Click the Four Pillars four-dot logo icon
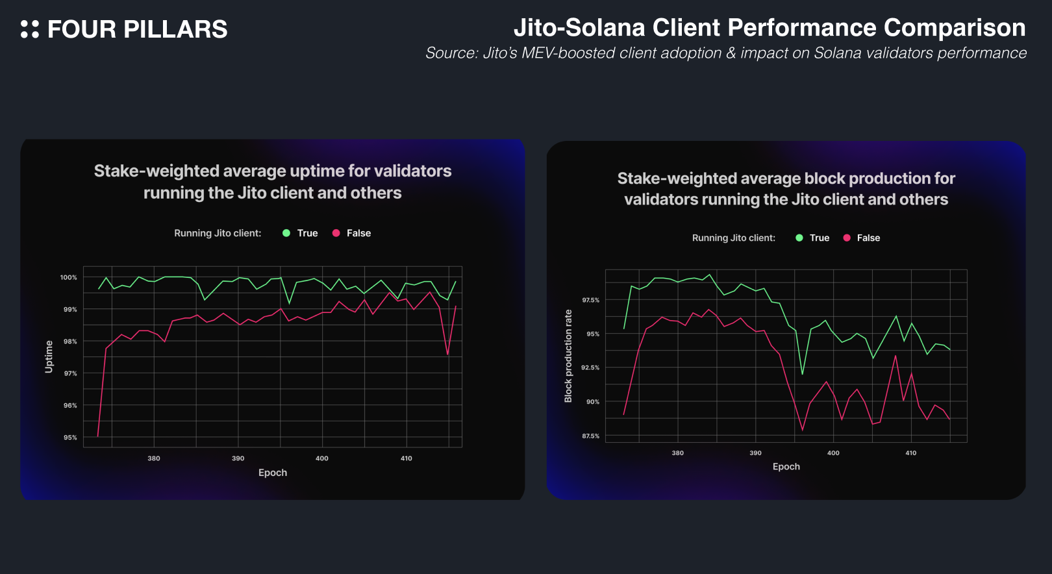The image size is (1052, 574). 30,29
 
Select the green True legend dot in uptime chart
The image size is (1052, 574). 286,233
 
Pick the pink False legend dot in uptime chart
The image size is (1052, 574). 336,233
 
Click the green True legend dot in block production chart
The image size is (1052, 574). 799,238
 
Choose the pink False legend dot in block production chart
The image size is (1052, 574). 847,238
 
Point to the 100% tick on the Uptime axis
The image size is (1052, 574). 69,277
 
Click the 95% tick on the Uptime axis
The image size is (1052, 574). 70,438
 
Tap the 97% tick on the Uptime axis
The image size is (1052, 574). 70,373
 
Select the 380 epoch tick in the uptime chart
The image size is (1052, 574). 154,458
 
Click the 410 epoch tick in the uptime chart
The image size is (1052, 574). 407,458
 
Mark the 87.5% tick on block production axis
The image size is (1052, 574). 590,436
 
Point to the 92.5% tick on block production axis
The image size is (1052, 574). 590,368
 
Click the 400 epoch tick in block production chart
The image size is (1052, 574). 833,453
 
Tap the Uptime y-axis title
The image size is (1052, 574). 49,356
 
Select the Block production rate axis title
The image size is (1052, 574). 568,356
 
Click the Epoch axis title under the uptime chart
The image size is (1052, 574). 273,473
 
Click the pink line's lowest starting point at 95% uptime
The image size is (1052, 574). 98,436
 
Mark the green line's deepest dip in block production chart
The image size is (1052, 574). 802,374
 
